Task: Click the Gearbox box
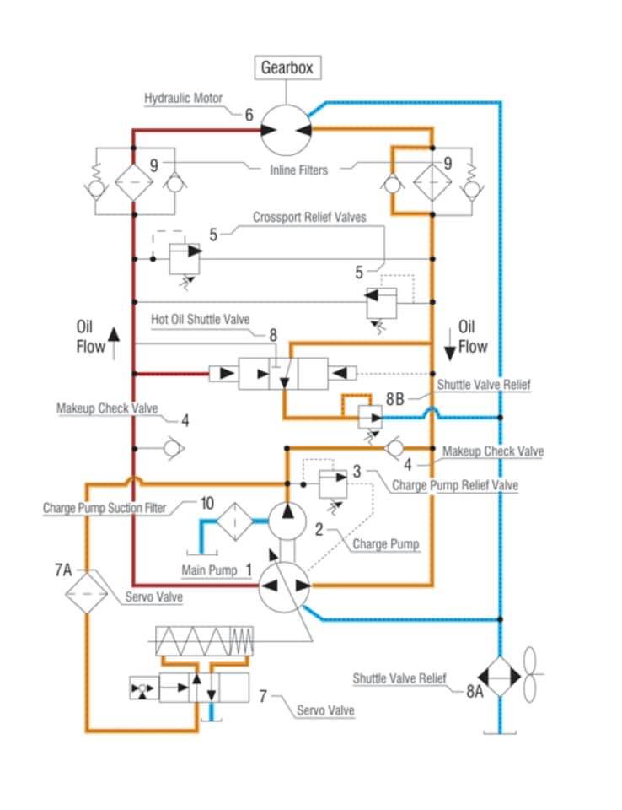287,67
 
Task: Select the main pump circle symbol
284,586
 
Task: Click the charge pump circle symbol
287,521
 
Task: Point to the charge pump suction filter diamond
234,521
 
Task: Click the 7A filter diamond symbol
86,593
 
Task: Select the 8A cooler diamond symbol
500,676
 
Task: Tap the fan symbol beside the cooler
532,674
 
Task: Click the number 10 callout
207,503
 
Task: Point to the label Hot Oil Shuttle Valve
201,319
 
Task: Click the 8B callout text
395,399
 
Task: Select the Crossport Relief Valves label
309,217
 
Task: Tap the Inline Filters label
299,170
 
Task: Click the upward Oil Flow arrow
114,343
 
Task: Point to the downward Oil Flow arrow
450,343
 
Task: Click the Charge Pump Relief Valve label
455,485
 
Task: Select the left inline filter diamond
134,182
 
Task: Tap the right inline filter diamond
432,182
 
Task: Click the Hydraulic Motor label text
183,98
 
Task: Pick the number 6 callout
249,115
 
